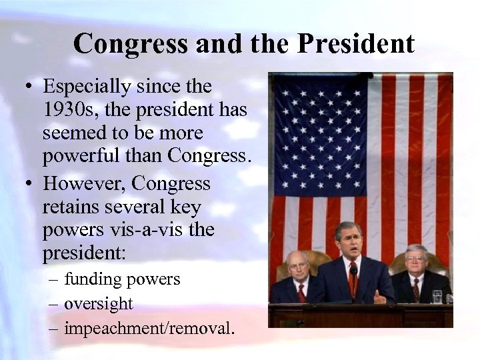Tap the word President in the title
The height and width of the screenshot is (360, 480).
[x=356, y=45]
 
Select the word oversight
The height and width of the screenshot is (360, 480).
[x=99, y=303]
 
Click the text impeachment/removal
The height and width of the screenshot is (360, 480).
[x=149, y=328]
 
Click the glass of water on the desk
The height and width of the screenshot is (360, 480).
[x=437, y=297]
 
